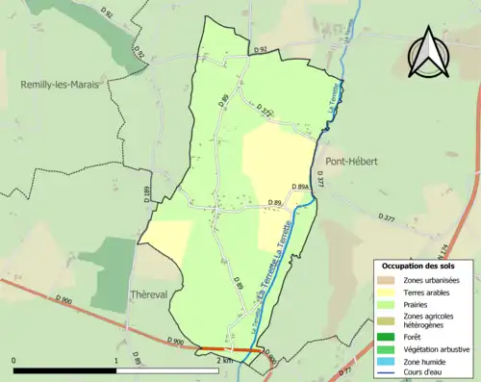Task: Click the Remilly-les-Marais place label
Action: coord(62,85)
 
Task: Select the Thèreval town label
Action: coord(150,271)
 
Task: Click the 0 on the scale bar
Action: coord(13,362)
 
